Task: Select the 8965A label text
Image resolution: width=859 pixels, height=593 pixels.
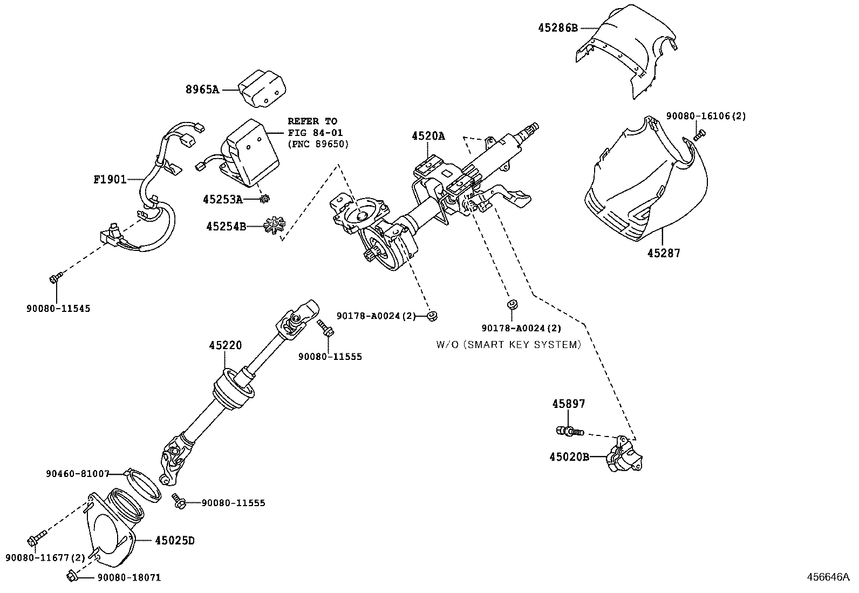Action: [202, 90]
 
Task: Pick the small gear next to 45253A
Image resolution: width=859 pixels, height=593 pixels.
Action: [264, 199]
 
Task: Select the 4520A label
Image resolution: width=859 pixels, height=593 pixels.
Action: [428, 137]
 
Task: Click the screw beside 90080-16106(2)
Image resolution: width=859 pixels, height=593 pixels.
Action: [699, 135]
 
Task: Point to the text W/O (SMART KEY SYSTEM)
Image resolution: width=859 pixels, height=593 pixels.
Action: [508, 344]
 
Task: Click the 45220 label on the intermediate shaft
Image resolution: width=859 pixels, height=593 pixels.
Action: [226, 345]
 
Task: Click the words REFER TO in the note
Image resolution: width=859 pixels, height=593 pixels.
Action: [312, 121]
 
